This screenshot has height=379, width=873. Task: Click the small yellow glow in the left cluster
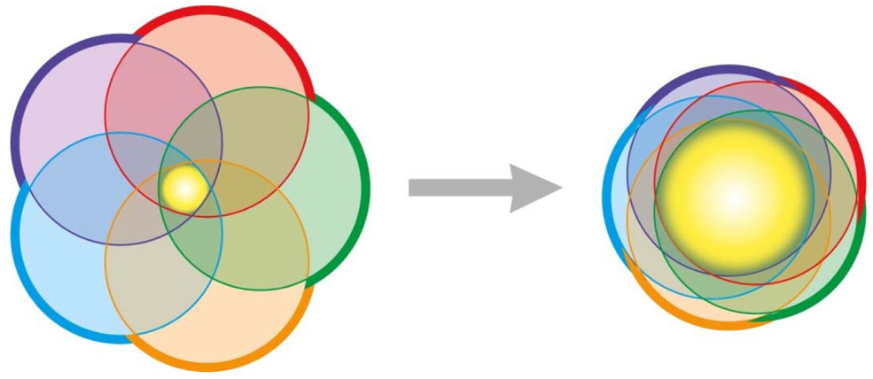[184, 186]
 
